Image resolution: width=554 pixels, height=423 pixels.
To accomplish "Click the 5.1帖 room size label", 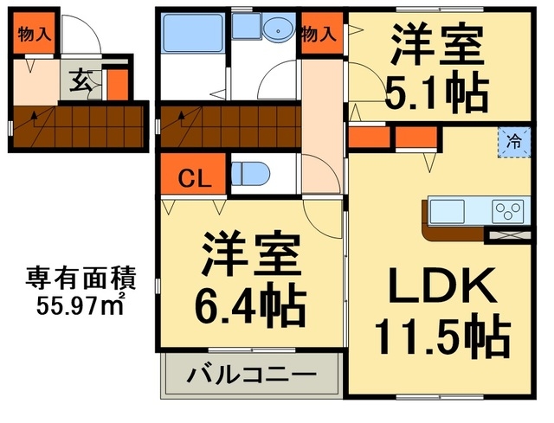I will click(436, 89).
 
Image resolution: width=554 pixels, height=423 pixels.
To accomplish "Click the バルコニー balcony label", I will click(252, 376).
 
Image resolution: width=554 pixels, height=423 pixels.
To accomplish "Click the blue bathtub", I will click(194, 38).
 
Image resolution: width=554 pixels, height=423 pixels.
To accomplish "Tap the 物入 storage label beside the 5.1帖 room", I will click(319, 35).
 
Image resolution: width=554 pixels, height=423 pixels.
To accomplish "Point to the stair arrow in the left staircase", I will click(35, 117).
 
